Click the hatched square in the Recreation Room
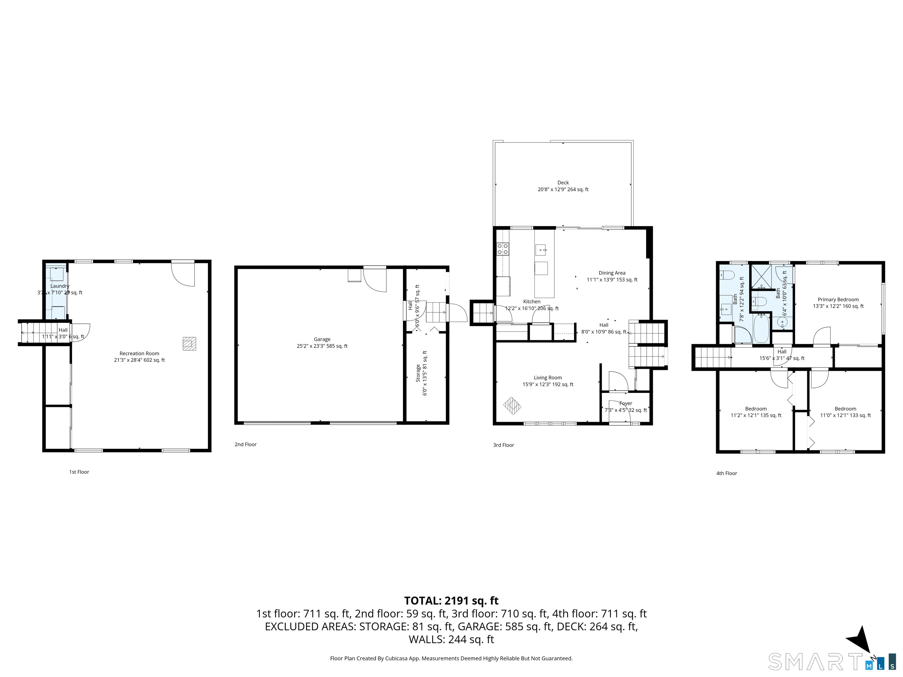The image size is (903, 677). pyautogui.click(x=189, y=343)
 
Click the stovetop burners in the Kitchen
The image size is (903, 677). pyautogui.click(x=503, y=249)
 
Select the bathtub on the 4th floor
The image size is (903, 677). pyautogui.click(x=761, y=329)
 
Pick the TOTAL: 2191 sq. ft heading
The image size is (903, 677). pyautogui.click(x=451, y=601)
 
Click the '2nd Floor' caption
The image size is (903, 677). pyautogui.click(x=245, y=444)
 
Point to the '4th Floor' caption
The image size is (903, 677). pyautogui.click(x=727, y=473)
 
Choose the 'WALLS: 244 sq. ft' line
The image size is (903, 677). pyautogui.click(x=451, y=639)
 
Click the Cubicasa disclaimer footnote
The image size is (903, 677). pyautogui.click(x=451, y=658)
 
